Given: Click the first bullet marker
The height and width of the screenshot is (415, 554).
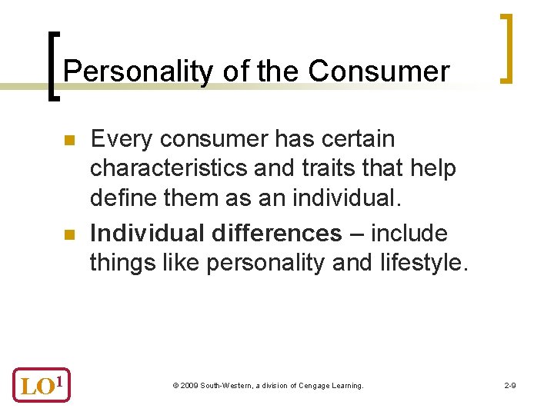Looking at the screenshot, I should click(68, 141).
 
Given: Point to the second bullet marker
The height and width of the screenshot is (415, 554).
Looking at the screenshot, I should click(68, 234).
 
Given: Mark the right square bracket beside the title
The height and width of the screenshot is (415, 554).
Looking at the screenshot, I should click(506, 48).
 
